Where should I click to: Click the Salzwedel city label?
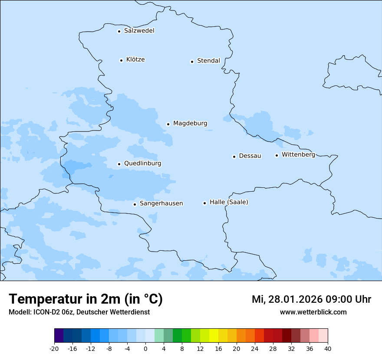click(x=139, y=31)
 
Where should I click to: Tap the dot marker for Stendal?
click(x=192, y=62)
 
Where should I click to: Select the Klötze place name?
click(x=135, y=60)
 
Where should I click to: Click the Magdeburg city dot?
click(x=168, y=124)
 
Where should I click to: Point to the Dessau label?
click(x=250, y=156)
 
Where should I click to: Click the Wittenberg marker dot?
click(x=277, y=155)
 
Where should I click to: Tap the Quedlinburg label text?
click(x=142, y=164)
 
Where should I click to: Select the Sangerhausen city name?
click(x=161, y=203)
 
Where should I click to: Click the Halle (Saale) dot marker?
click(x=204, y=203)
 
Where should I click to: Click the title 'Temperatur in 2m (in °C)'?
click(x=86, y=299)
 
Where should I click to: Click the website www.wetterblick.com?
click(x=313, y=312)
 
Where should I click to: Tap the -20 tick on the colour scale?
click(x=54, y=348)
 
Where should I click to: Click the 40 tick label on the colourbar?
click(x=328, y=348)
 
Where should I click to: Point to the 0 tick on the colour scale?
click(x=145, y=348)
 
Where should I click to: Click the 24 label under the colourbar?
click(x=255, y=348)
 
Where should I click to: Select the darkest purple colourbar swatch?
click(x=59, y=336)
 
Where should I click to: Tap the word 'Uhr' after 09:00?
click(x=363, y=299)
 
